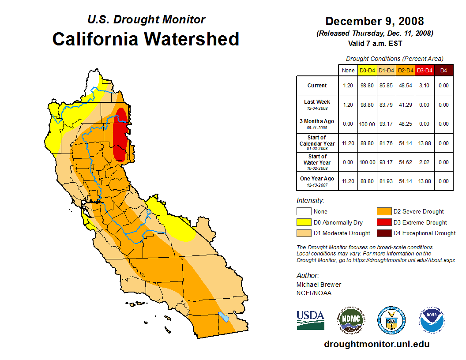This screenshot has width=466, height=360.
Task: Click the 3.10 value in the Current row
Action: tap(425, 86)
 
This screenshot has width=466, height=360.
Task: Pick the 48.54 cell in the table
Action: tap(406, 86)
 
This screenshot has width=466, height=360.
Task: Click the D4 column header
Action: tap(443, 70)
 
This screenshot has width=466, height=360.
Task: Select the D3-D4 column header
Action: tap(425, 70)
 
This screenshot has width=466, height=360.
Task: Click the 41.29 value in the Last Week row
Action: tap(406, 105)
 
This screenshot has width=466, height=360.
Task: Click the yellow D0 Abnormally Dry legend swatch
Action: tap(304, 222)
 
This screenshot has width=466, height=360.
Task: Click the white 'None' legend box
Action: tap(304, 211)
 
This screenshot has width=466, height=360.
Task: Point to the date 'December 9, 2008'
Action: tap(375, 21)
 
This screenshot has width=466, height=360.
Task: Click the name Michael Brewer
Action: tap(319, 285)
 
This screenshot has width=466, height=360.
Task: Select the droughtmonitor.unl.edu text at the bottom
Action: tap(376, 344)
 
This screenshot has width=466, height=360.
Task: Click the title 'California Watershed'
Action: tap(146, 39)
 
